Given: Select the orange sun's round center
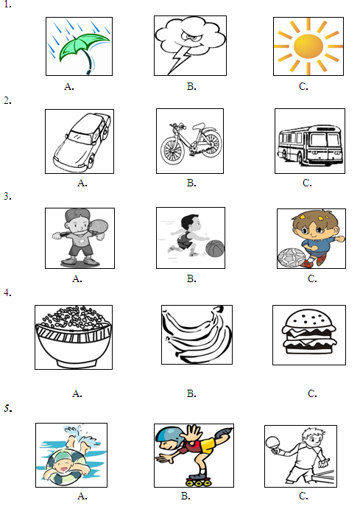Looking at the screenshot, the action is [308, 46].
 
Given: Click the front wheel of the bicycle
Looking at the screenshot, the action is [172, 150].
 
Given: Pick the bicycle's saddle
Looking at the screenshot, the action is [200, 126].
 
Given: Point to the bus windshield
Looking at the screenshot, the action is [325, 140].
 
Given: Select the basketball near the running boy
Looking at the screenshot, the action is [215, 248].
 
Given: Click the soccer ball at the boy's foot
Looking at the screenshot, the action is [291, 257].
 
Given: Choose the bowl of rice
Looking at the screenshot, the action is [74, 337].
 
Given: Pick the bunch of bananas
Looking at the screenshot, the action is [197, 334].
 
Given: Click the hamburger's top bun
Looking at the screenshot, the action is [308, 319].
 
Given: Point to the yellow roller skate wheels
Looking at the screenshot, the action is [199, 483].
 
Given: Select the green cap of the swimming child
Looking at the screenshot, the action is [62, 457].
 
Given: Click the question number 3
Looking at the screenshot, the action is [8, 197].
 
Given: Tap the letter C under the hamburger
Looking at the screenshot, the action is [312, 393].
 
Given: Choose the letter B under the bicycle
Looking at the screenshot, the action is [191, 183].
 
